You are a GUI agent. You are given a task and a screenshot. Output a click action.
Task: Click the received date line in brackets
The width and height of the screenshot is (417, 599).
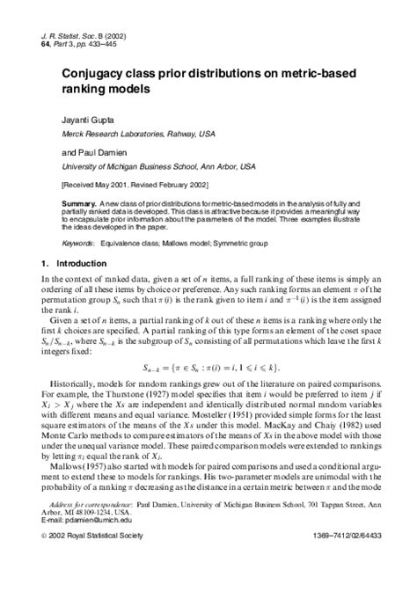click(129, 186)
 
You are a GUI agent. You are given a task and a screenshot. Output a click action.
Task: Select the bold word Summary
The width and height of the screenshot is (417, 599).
click(78, 203)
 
